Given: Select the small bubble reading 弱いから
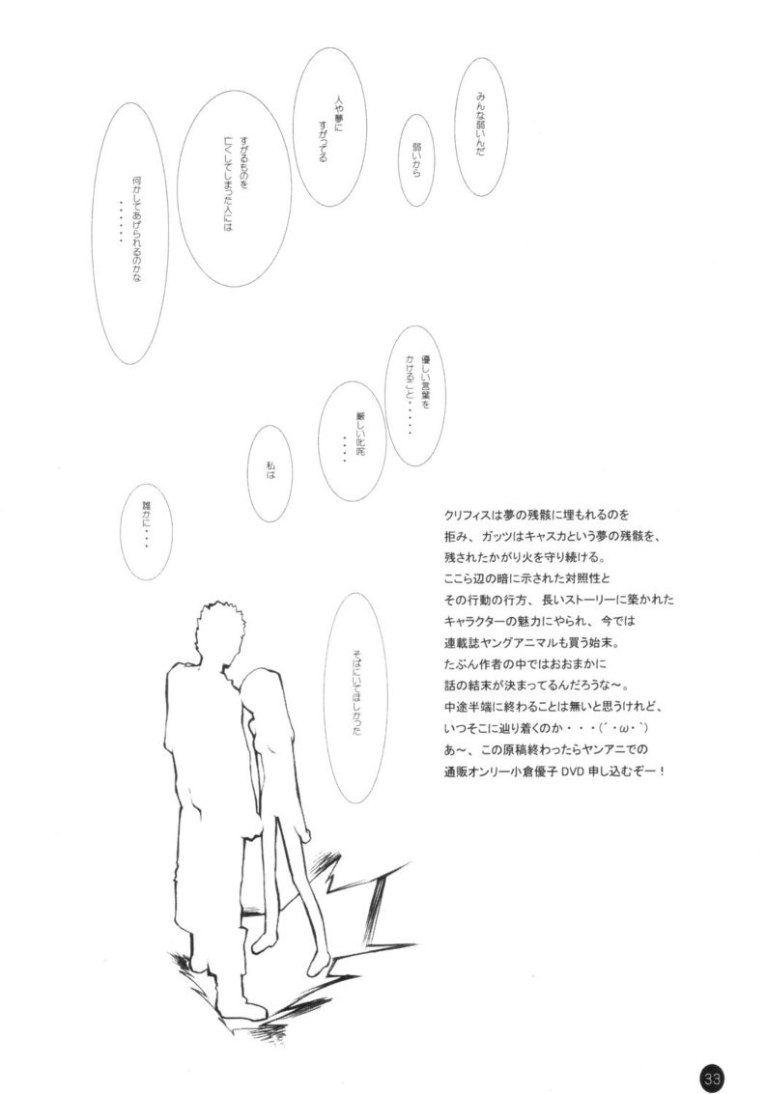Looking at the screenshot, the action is tap(417, 159).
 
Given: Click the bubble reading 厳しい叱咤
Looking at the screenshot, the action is tap(352, 442).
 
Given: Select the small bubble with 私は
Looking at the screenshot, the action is tap(270, 474).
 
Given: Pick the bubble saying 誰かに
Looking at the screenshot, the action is tap(146, 532).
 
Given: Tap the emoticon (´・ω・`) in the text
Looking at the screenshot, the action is tap(618, 729).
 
